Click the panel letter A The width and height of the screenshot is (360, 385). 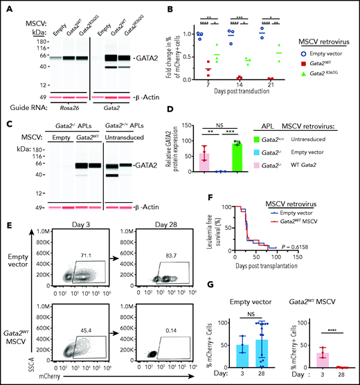click(x=6, y=7)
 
